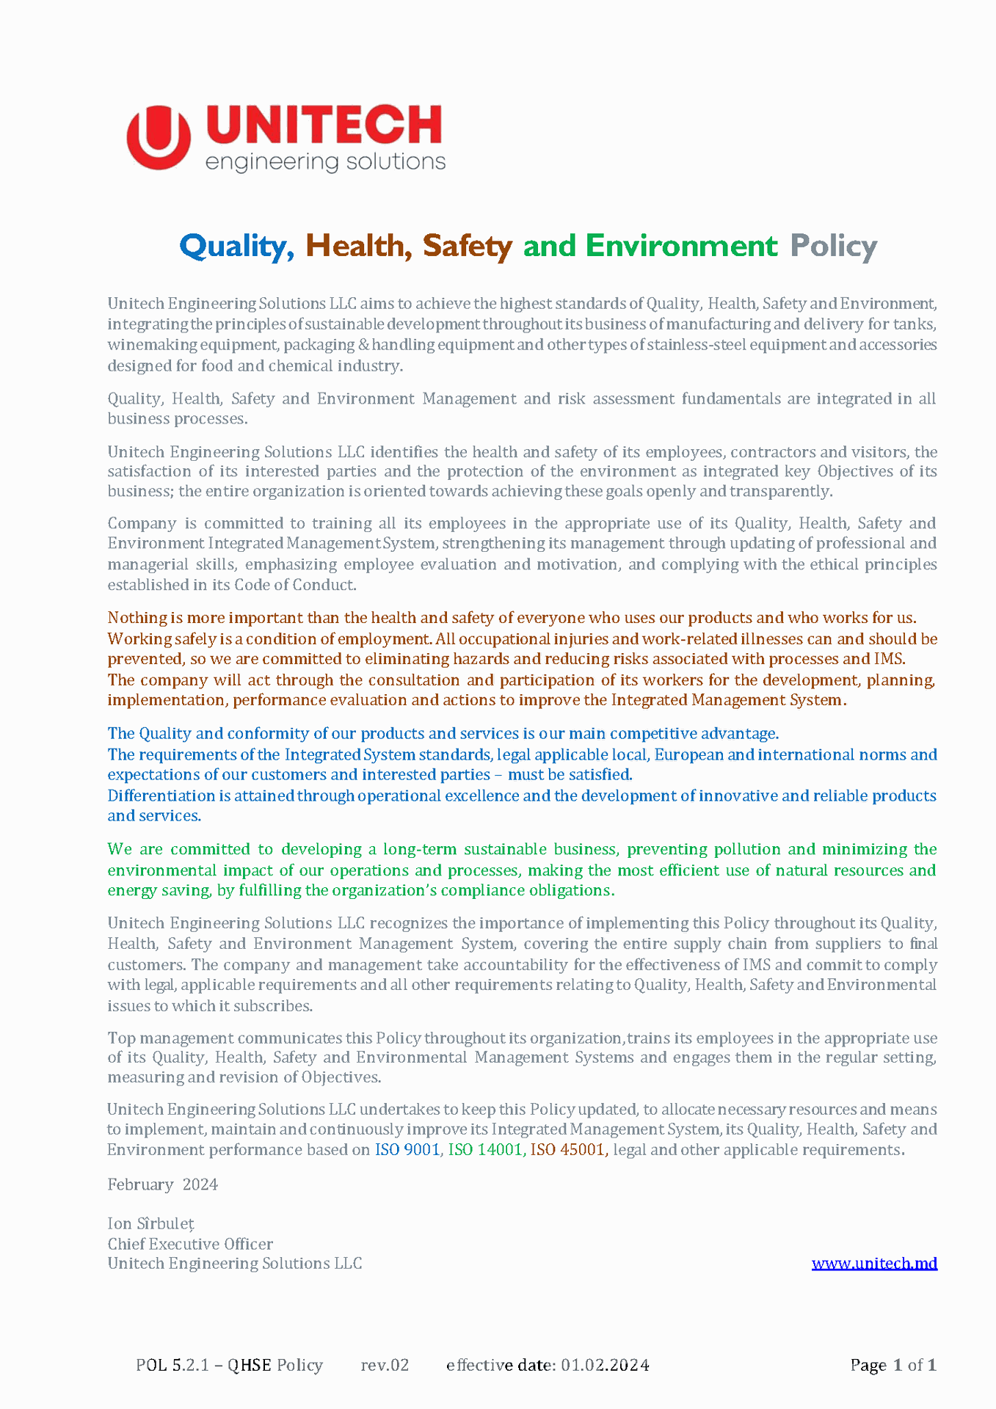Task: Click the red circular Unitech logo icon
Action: tap(159, 137)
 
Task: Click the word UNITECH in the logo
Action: tap(324, 125)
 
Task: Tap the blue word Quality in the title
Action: tap(233, 246)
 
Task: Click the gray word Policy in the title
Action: tap(833, 246)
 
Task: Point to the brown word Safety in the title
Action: tap(467, 246)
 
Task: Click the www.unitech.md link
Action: tap(874, 1263)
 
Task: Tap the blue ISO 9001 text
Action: tap(407, 1149)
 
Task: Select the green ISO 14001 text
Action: tap(485, 1149)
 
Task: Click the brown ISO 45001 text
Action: tap(567, 1149)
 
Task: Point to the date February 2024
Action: tap(162, 1184)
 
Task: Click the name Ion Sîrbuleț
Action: tap(150, 1223)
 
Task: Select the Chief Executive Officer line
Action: tap(190, 1244)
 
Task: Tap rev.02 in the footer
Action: tap(385, 1365)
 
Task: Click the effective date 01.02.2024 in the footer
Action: tap(605, 1365)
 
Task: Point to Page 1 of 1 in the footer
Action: tap(893, 1365)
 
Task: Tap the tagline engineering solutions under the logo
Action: tap(325, 162)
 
